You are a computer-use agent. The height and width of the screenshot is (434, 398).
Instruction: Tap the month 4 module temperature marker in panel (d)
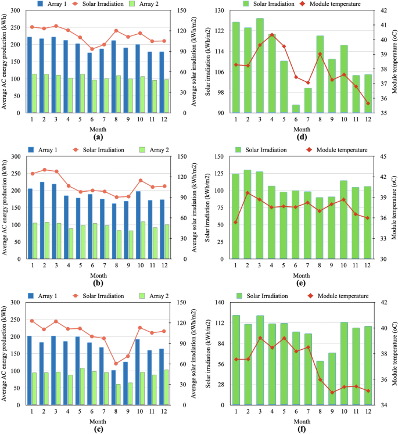272,35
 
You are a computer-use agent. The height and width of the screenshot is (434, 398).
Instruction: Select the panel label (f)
301,429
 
